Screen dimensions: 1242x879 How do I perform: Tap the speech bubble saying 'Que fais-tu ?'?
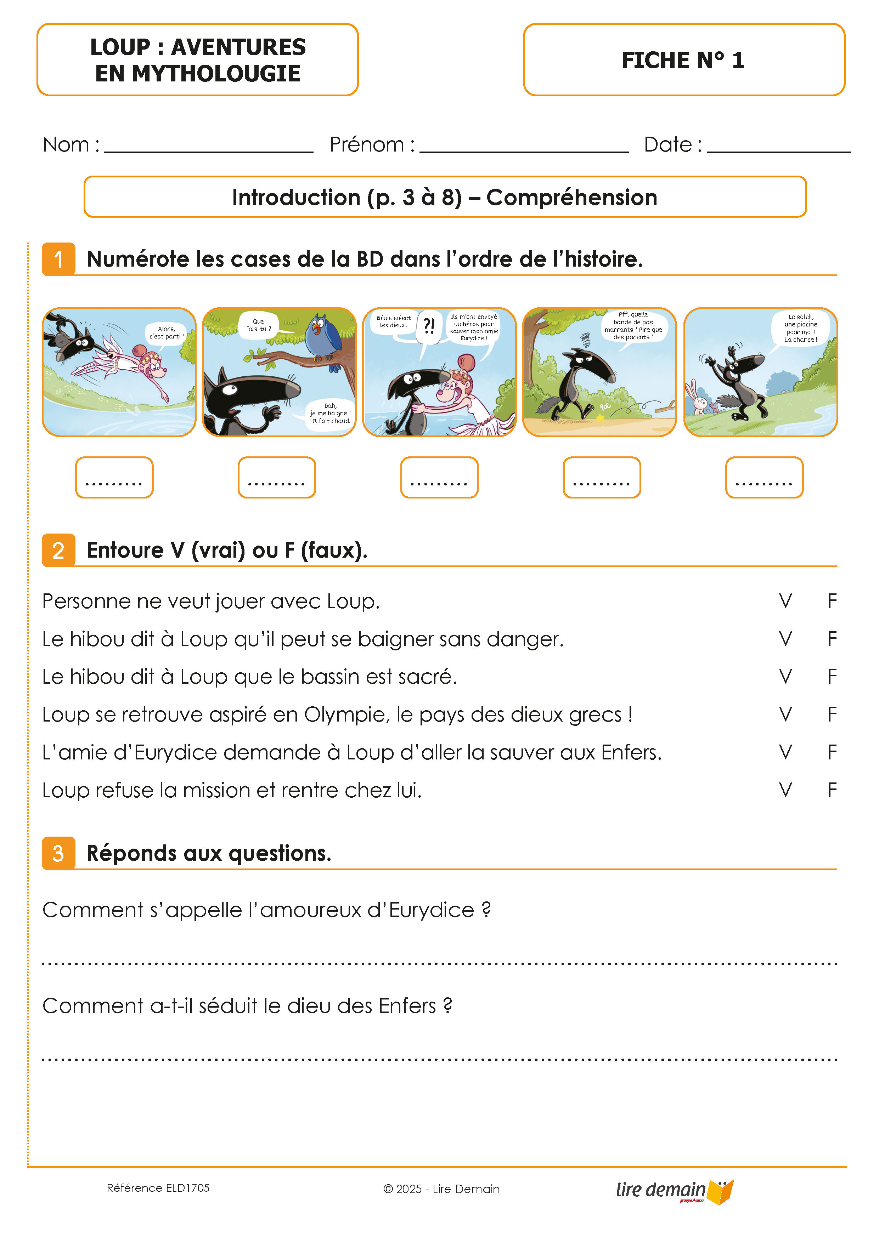[x=259, y=325]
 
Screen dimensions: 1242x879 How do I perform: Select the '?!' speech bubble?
[x=429, y=326]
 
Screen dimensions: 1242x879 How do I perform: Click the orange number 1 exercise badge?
[x=58, y=259]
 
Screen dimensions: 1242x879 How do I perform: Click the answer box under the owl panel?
[x=277, y=477]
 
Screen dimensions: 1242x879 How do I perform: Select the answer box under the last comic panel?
[x=764, y=477]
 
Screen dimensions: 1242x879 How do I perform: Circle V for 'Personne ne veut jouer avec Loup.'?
[x=785, y=601]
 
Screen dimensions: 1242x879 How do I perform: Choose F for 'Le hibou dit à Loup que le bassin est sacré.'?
[x=832, y=677]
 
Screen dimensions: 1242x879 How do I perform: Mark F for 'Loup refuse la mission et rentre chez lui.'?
[x=832, y=790]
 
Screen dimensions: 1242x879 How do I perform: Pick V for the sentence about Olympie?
[x=785, y=714]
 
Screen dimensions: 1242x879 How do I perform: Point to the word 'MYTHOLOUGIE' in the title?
[x=216, y=74]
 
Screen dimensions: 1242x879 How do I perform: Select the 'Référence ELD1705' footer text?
[x=158, y=1188]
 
